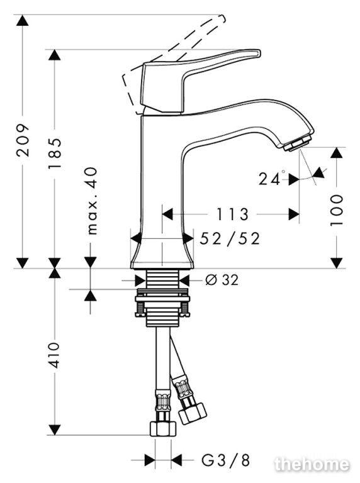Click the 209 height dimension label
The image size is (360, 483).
coord(23,140)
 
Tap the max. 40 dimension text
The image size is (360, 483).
coord(91,201)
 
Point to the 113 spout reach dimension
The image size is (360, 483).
coord(232,214)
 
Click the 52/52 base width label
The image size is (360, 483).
coord(230,238)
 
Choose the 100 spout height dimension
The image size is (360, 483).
coord(336,210)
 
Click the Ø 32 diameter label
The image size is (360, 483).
coord(222,280)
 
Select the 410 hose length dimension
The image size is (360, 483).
coord(55,355)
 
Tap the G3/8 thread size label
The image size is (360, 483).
coord(225,460)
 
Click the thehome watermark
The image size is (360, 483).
coord(312,464)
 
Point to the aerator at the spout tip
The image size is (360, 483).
coord(298,143)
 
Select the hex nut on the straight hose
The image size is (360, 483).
coord(163,429)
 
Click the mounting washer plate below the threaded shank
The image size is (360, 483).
coord(162,299)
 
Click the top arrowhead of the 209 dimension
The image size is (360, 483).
coord(23,20)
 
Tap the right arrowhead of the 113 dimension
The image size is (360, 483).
coord(294,214)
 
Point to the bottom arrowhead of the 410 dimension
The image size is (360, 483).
coord(55,430)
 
